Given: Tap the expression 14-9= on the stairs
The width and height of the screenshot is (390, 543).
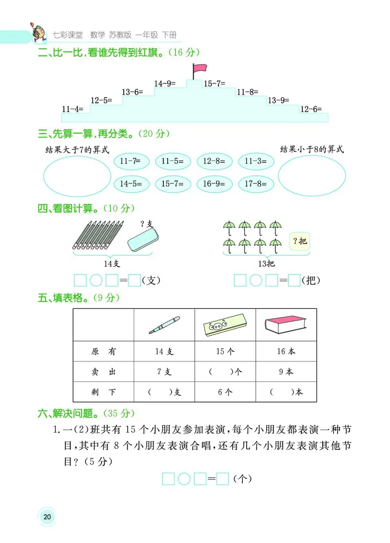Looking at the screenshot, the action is (165, 83).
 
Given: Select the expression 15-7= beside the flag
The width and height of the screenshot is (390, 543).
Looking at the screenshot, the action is (214, 83).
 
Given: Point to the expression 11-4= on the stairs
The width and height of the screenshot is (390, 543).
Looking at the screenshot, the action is (73, 109).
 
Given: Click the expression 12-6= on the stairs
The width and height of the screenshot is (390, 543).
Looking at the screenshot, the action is (311, 109).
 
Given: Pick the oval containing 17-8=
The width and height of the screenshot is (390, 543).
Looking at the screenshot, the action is (256, 184).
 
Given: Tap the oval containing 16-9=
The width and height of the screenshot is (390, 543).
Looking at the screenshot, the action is (214, 184).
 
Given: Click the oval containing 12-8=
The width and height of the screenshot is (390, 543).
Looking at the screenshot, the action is (214, 161).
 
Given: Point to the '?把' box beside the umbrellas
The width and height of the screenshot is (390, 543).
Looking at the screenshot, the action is (300, 241).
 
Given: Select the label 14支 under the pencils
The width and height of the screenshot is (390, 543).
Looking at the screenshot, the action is (112, 263).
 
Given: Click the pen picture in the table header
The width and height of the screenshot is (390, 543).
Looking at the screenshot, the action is (164, 325).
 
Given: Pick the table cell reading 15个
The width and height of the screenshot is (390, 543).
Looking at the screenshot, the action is (225, 351).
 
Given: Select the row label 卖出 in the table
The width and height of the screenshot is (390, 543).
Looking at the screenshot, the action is (103, 372).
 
